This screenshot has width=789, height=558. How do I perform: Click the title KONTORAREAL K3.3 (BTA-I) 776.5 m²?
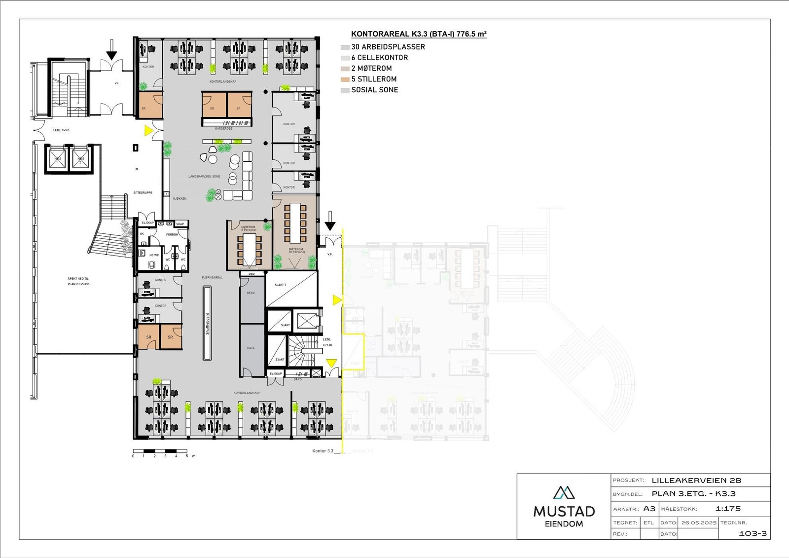point(419,34)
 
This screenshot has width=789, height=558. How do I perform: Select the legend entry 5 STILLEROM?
point(373,79)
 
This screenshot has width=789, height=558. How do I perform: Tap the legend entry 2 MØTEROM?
point(371,68)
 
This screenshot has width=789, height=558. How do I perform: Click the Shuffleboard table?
point(208,323)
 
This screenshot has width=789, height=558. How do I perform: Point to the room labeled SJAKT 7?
point(291,289)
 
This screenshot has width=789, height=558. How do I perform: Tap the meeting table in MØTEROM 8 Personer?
point(250,249)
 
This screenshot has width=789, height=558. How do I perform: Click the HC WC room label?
point(154,255)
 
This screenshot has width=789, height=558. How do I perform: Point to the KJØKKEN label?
point(180,198)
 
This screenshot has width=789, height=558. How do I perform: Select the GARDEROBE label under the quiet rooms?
point(223,128)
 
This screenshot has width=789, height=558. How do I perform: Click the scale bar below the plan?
point(160,451)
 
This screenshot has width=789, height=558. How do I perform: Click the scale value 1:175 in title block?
point(728,509)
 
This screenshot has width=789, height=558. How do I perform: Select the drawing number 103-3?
point(753,533)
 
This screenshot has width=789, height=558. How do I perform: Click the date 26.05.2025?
point(699,522)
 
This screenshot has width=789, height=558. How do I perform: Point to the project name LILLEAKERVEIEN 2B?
point(696,480)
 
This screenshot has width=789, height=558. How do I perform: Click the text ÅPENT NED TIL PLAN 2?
point(78,281)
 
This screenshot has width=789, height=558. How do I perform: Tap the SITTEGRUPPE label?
point(143,192)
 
